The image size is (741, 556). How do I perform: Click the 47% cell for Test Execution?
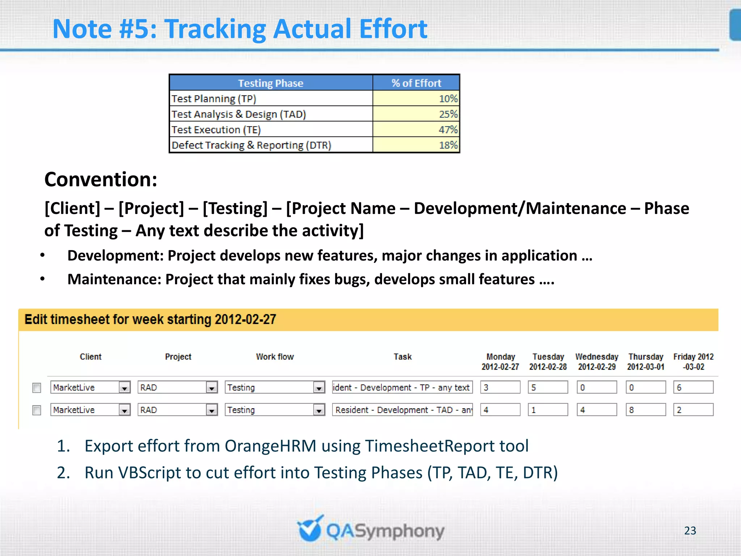tap(416, 130)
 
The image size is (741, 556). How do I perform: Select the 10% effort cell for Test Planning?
tap(416, 98)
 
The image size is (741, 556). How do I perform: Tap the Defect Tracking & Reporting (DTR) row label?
tap(251, 145)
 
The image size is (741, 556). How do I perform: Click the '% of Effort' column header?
tap(416, 83)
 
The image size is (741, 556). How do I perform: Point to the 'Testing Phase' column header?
tap(271, 83)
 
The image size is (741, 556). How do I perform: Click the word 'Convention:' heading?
tap(101, 180)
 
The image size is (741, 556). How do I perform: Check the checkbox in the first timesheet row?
tap(37, 388)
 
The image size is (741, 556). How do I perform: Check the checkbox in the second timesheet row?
tap(37, 410)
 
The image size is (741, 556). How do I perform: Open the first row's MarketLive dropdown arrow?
tap(124, 388)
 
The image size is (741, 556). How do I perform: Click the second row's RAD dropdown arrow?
tap(212, 410)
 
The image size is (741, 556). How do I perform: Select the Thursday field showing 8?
tap(645, 410)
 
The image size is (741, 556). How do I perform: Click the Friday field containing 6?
tap(693, 387)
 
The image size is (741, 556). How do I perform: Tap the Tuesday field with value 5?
tap(547, 387)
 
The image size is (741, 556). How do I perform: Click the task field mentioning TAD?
tap(402, 410)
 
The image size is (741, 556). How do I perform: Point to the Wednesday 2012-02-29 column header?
tap(597, 362)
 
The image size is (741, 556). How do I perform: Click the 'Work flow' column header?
tap(275, 357)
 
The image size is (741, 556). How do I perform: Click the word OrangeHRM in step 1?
tap(271, 446)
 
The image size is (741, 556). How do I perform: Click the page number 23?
tap(690, 531)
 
